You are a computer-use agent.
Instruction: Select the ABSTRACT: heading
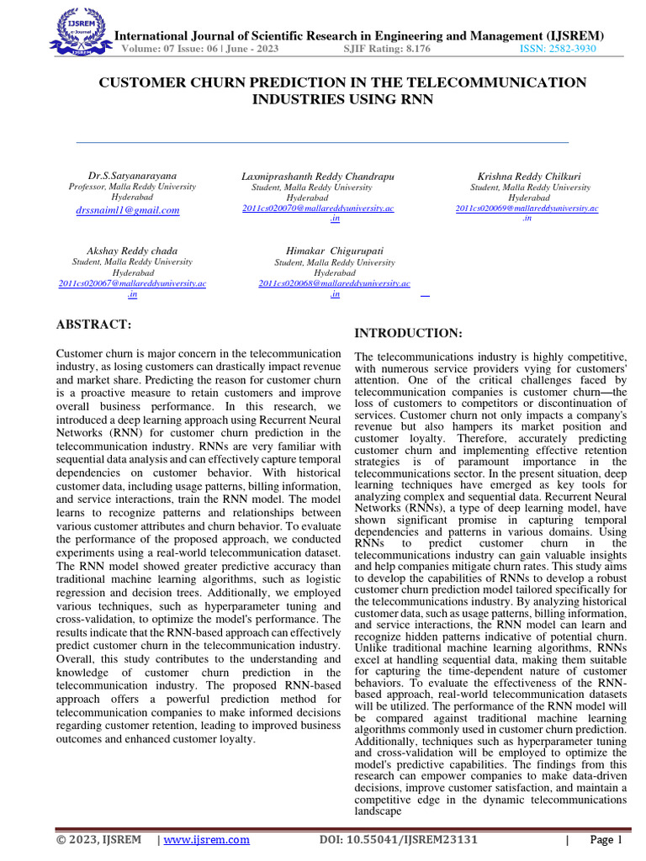(93, 325)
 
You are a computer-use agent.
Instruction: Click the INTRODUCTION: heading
(408, 334)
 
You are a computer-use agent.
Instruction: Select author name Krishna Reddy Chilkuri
(527, 177)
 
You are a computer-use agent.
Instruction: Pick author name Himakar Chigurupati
(334, 251)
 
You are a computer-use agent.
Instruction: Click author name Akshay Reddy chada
(132, 251)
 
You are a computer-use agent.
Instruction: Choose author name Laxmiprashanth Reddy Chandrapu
(317, 177)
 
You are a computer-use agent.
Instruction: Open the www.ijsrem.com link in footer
(206, 840)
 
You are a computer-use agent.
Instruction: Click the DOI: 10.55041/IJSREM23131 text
(399, 840)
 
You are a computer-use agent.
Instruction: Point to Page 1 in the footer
(605, 840)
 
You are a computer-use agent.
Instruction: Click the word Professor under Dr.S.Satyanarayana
(87, 187)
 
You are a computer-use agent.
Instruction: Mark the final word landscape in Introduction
(380, 812)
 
